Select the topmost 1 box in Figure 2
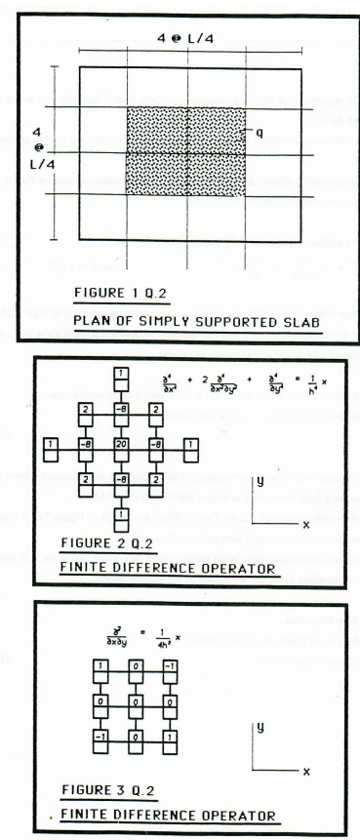[119, 373]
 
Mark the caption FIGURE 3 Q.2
[98, 787]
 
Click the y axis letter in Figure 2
[260, 481]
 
